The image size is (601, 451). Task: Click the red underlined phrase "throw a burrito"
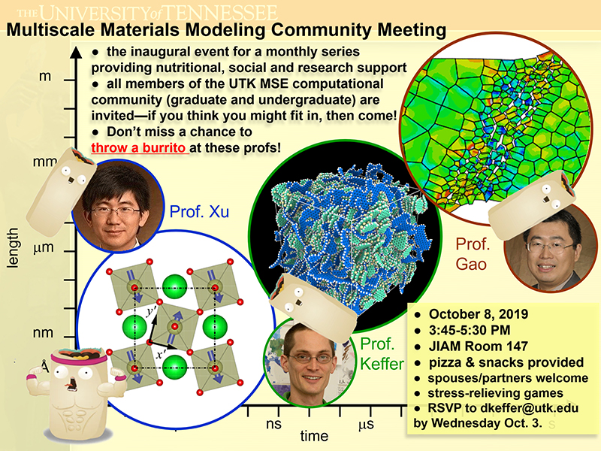coord(139,147)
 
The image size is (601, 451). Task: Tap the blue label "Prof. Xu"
coord(199,212)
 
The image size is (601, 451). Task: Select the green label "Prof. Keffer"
coord(382,353)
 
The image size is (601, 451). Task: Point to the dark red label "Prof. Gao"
coord(473,254)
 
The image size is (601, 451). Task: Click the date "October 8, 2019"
coord(479,314)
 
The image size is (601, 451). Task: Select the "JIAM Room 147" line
coord(479,347)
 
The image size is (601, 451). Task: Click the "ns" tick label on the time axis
coord(273,424)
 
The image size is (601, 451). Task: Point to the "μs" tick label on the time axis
coord(366,425)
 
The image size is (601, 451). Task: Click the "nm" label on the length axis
coord(43,332)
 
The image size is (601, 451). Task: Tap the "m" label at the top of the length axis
coord(45,77)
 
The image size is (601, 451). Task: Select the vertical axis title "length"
coord(13,248)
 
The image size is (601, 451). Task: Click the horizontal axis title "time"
coord(314,436)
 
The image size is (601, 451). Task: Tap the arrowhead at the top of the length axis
coord(77,52)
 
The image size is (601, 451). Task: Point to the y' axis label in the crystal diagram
coord(152,311)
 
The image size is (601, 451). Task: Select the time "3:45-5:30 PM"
coord(470,330)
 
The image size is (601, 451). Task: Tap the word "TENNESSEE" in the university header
coord(219,13)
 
